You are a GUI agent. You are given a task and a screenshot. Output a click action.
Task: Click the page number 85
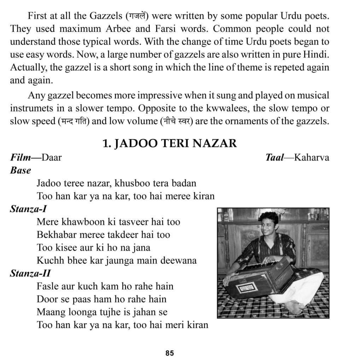pos(169,353)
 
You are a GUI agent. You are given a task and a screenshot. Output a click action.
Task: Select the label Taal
pos(274,157)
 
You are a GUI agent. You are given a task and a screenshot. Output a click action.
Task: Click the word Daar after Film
pos(51,157)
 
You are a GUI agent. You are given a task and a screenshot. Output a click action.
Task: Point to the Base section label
pos(20,170)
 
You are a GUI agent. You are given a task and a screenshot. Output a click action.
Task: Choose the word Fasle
pos(46,286)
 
